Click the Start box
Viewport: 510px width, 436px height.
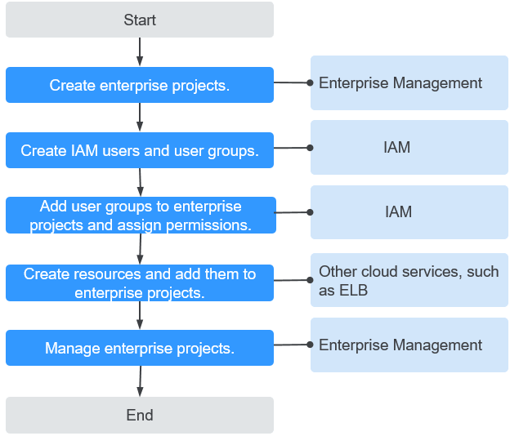pos(140,20)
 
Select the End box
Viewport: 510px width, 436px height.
pos(140,415)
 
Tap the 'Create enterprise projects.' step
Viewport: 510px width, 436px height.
pos(140,85)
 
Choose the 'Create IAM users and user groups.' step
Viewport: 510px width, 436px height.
pos(140,150)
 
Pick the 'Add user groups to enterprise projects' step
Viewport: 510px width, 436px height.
pos(141,215)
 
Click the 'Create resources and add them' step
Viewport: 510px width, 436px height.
pos(140,283)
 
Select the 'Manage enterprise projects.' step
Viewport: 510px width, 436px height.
pos(140,348)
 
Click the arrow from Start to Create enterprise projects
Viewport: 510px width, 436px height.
pos(140,52)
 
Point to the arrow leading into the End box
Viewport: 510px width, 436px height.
pos(141,381)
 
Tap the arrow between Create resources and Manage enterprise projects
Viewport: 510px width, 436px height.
pos(140,315)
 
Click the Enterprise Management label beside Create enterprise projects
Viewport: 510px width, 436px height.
pos(400,82)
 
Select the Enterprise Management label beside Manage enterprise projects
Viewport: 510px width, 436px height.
pos(400,345)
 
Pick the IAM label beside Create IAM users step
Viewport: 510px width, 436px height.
pos(397,147)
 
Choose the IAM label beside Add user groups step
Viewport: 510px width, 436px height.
pos(399,211)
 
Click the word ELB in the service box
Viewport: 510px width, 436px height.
pos(354,290)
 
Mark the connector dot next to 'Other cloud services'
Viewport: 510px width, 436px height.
pos(310,280)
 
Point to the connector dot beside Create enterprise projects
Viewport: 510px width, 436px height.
pos(310,82)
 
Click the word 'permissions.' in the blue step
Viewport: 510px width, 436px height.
pos(208,225)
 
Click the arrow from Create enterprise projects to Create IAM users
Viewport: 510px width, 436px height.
pos(140,118)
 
